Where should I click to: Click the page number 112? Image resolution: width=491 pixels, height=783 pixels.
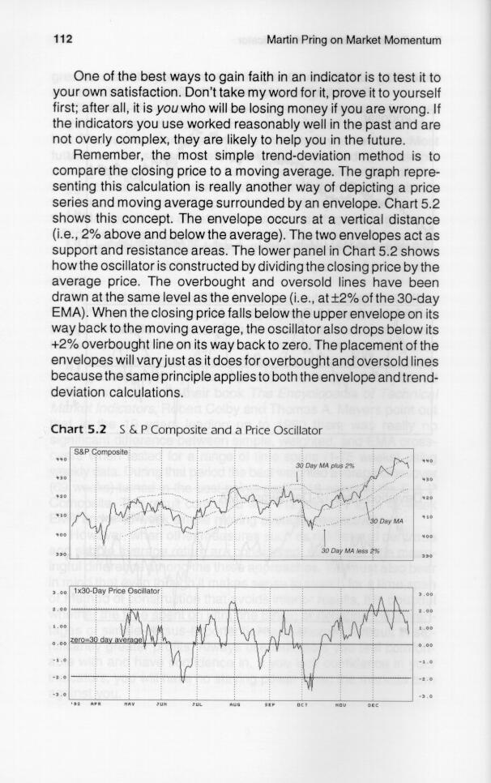[x=62, y=38]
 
